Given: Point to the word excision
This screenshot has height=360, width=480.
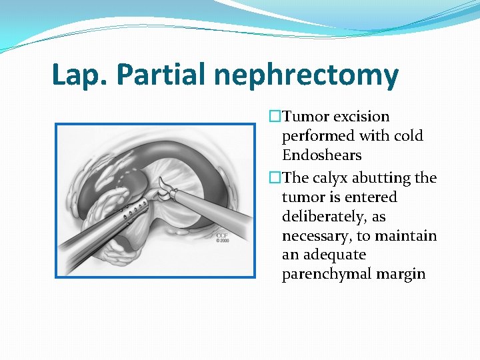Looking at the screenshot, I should (361, 117).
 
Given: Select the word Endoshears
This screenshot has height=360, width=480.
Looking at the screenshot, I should (322, 155).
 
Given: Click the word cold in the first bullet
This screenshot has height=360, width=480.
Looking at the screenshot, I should (408, 136).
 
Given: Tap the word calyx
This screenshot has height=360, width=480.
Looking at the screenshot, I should (327, 178).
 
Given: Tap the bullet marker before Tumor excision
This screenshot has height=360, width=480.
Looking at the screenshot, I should (273, 117).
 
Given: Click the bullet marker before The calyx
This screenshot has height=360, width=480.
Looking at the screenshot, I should (273, 178).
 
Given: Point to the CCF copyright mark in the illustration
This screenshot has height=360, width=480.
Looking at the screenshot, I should (222, 238).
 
